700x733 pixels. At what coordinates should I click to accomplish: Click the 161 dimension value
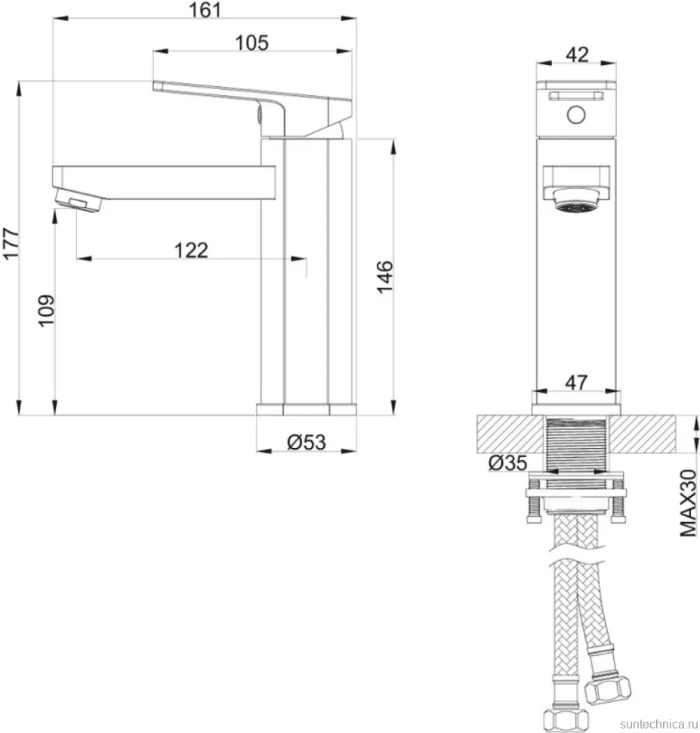[x=205, y=10]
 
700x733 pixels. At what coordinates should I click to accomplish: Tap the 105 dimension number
[x=252, y=43]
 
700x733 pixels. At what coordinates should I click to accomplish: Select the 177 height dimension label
[x=11, y=243]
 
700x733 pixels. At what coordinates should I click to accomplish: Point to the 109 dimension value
[x=46, y=311]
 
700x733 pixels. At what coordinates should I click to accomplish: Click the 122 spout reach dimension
[x=191, y=250]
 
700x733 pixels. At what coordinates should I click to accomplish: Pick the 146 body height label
[x=385, y=277]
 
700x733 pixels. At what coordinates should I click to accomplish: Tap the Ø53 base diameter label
[x=306, y=442]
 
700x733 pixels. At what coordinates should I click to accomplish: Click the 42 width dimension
[x=577, y=54]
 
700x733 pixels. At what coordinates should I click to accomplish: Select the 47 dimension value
[x=576, y=382]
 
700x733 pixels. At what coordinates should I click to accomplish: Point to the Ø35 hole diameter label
[x=507, y=462]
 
